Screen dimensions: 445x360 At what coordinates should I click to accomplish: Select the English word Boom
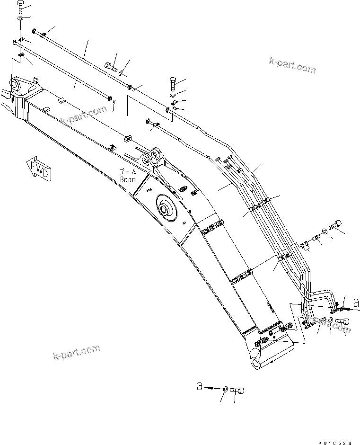tap(128, 180)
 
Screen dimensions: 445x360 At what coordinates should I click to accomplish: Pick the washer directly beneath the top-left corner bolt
tap(20, 18)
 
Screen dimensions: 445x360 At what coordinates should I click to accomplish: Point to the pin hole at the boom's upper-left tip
tap(15, 85)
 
